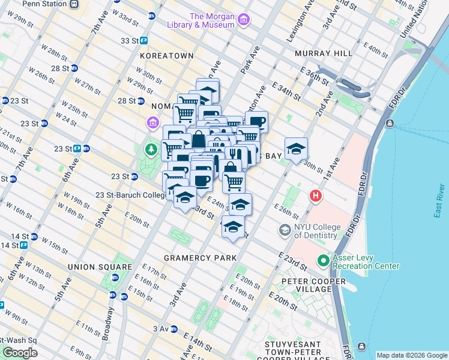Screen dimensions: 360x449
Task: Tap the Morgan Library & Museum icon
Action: pos(244,21)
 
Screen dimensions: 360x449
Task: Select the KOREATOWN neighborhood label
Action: pos(166,55)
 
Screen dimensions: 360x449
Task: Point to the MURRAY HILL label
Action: pos(324,53)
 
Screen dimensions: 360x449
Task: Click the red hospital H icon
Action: pos(315,196)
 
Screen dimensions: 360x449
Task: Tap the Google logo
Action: pos(20,353)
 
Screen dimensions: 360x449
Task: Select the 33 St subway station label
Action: pos(130,41)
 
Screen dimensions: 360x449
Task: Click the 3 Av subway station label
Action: pos(160,329)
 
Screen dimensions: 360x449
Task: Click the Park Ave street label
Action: pos(250,60)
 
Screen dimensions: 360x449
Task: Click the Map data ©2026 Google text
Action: pos(411,355)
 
